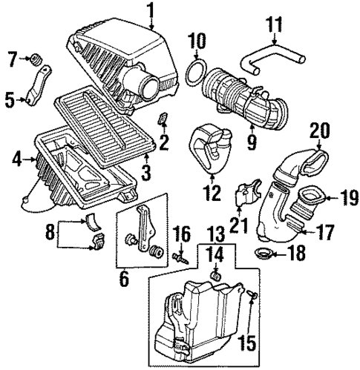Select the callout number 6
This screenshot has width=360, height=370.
click(123, 280)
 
